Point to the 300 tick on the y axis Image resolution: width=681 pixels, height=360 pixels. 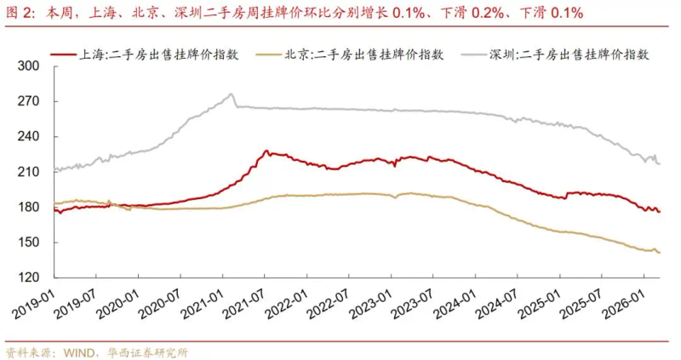(x=30, y=66)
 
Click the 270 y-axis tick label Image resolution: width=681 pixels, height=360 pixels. (x=30, y=101)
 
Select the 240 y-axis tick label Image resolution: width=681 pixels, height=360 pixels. (x=30, y=137)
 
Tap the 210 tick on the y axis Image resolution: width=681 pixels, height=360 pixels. (x=30, y=172)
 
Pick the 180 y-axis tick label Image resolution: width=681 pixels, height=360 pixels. (x=30, y=208)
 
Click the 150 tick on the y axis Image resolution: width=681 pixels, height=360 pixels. (x=30, y=243)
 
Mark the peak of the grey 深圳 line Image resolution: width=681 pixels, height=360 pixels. (x=232, y=94)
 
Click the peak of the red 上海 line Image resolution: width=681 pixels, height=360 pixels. (x=266, y=151)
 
